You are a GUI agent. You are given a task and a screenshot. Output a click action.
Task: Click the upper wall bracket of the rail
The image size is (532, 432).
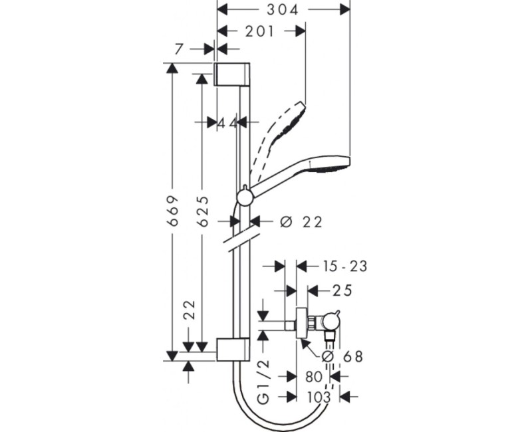[x=232, y=74]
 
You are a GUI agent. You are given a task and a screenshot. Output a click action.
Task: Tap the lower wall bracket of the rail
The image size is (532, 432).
[x=232, y=350]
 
